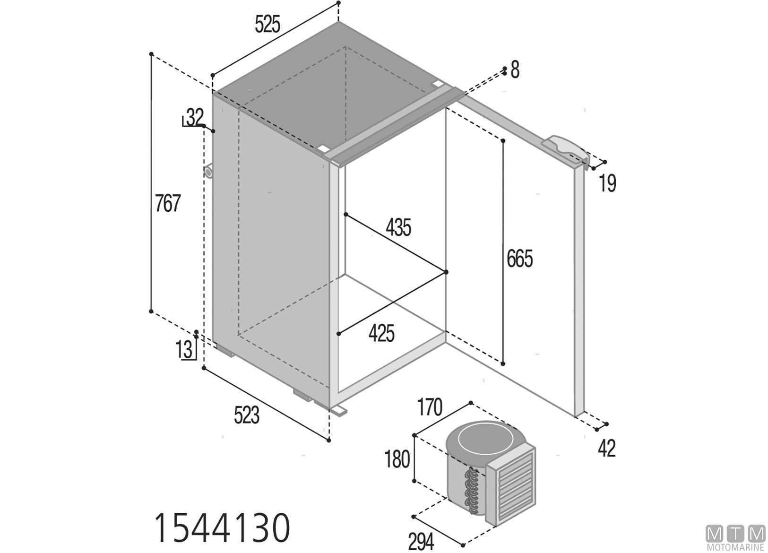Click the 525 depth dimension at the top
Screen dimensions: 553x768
268,24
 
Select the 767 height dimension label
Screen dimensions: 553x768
168,203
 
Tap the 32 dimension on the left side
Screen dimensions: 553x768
194,117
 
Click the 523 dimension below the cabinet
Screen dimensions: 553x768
247,415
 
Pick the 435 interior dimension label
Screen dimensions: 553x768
398,227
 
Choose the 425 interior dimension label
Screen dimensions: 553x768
381,333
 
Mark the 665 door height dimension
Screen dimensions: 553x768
519,259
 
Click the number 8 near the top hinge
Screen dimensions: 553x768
515,70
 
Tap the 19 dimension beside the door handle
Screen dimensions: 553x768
608,183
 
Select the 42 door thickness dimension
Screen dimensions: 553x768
607,448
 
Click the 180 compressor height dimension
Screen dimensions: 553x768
397,459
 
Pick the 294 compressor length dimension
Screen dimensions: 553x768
421,542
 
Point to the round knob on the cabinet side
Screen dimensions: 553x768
208,172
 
